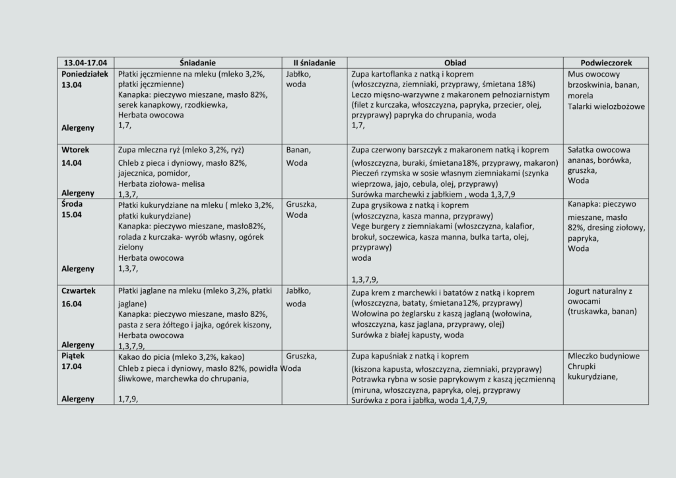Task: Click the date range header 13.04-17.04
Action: [x=86, y=63]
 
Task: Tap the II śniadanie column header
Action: [x=314, y=63]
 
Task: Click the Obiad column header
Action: [x=455, y=63]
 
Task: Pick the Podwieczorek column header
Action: [x=606, y=63]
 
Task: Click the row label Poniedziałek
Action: [x=85, y=74]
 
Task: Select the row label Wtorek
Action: [x=75, y=150]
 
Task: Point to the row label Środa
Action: [x=73, y=204]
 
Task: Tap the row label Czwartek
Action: [x=79, y=290]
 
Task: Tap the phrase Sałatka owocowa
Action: [x=599, y=150]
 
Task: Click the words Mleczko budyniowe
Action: [x=603, y=356]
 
